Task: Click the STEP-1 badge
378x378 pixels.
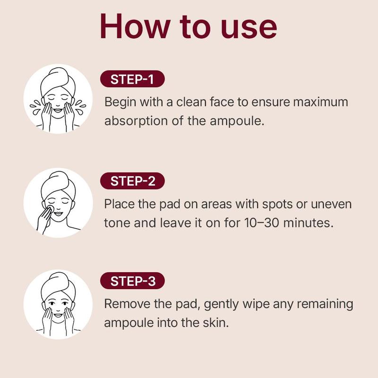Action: (132, 79)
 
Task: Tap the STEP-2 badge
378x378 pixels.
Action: (132, 181)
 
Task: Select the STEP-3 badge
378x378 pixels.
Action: (132, 282)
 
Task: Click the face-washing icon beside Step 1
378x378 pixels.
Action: (58, 100)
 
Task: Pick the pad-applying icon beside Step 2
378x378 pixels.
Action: (58, 202)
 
